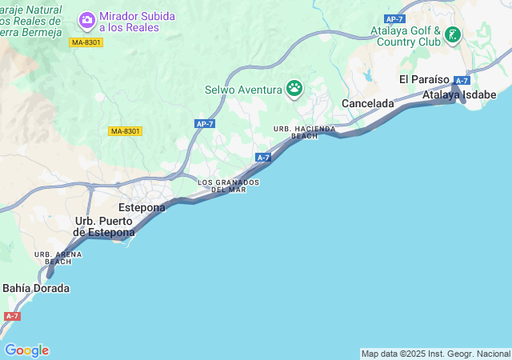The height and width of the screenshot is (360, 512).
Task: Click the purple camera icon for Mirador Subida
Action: tap(87, 18)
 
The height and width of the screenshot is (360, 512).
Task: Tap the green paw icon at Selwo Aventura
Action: tap(295, 87)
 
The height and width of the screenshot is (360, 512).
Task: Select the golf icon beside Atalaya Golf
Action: tap(453, 34)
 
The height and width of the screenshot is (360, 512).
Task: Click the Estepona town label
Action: tap(142, 207)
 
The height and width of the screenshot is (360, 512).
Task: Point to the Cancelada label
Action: tap(368, 104)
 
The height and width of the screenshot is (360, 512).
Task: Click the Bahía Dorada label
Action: tap(36, 288)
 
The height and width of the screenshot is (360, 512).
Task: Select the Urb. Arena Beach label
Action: tap(58, 258)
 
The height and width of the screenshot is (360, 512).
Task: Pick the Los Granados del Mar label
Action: tap(228, 186)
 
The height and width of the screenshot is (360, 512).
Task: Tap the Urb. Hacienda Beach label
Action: tap(304, 132)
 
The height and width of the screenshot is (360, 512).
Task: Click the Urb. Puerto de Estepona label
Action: tap(105, 226)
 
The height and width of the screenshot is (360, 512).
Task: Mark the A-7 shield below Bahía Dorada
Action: tap(12, 316)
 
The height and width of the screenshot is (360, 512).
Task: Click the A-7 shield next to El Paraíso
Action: tap(462, 81)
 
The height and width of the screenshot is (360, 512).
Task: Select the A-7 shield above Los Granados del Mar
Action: tap(263, 158)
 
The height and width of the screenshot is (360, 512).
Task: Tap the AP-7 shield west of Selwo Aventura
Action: tap(205, 123)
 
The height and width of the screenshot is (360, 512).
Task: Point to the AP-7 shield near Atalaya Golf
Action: tap(394, 18)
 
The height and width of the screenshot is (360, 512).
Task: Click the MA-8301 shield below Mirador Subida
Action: tap(86, 42)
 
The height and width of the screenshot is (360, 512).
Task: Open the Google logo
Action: tap(26, 350)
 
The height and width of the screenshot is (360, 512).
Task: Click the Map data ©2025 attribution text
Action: tap(435, 354)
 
